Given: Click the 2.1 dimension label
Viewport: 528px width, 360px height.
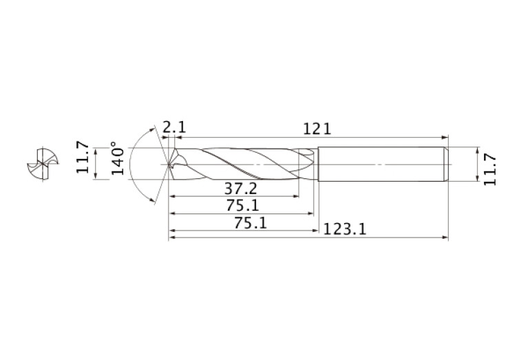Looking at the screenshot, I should [x=174, y=127].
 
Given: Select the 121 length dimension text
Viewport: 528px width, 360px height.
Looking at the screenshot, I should [x=317, y=128].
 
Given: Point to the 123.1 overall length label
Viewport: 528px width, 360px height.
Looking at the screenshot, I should [x=345, y=229].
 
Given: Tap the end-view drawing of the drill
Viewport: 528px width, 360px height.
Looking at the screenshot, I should [x=41, y=165].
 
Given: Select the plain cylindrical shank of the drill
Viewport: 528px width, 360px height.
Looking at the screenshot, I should [x=382, y=165].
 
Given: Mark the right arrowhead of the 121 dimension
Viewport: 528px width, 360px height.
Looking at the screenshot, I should [x=445, y=136].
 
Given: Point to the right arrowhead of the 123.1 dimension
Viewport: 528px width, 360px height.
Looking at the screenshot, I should [x=445, y=238].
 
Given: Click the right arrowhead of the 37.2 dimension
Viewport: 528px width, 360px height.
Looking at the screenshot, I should [x=297, y=196].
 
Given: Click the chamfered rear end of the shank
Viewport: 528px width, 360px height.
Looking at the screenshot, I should [x=446, y=165].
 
